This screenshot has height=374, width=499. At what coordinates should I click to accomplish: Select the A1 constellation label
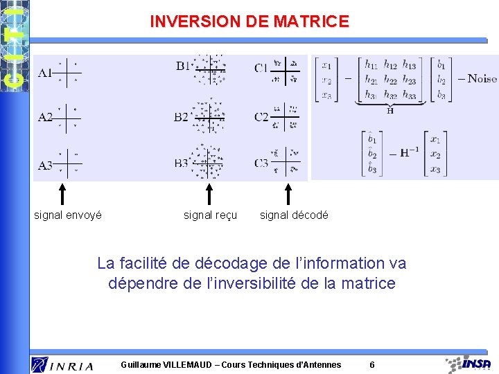(45, 72)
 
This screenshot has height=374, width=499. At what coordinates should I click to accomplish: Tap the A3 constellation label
(45, 165)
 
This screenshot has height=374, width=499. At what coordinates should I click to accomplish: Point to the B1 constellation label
(183, 66)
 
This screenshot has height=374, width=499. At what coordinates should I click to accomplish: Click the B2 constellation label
(181, 117)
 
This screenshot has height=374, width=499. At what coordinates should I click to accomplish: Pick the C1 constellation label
(261, 68)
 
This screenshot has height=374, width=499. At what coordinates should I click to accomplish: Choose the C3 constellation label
(261, 163)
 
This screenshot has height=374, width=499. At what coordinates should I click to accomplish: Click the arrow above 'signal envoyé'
(62, 195)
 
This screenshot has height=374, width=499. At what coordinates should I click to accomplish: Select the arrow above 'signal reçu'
(209, 195)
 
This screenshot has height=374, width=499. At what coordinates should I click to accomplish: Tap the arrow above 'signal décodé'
(288, 195)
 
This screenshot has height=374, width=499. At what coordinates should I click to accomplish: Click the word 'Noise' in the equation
(482, 78)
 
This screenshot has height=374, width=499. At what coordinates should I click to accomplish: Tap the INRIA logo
(62, 365)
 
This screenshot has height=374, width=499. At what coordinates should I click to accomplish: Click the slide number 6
(372, 365)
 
